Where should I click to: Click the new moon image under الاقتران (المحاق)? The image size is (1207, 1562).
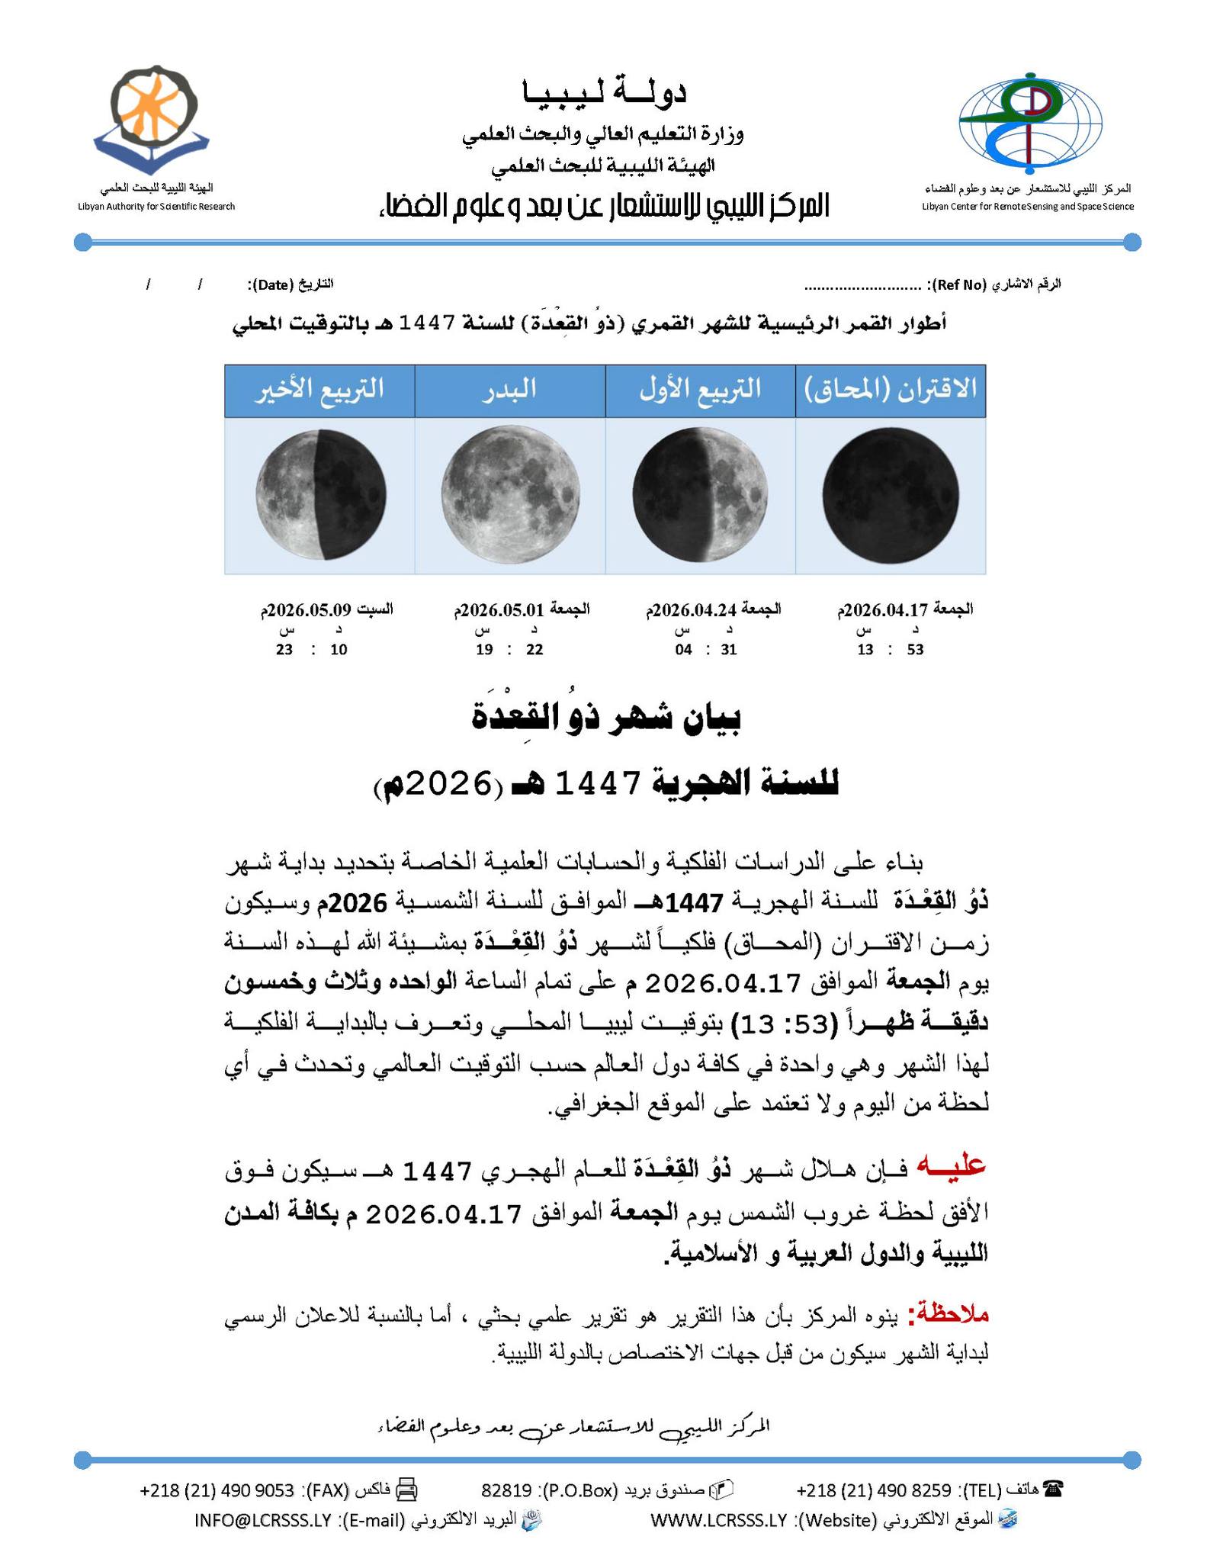(890, 495)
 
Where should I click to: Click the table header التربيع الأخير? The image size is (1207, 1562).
(319, 390)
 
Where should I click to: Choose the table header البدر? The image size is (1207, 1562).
(510, 390)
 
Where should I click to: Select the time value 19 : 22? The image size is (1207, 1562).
(509, 650)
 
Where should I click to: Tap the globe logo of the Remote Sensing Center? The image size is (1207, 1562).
(1030, 122)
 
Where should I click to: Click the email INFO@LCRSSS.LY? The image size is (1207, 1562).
(263, 1519)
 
